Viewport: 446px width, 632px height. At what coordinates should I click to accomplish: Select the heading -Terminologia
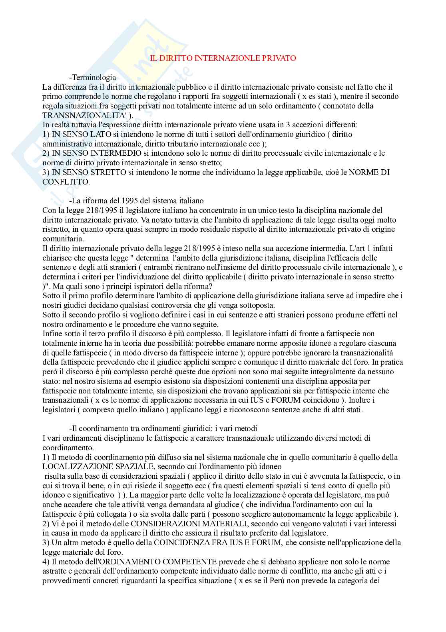(x=93, y=77)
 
